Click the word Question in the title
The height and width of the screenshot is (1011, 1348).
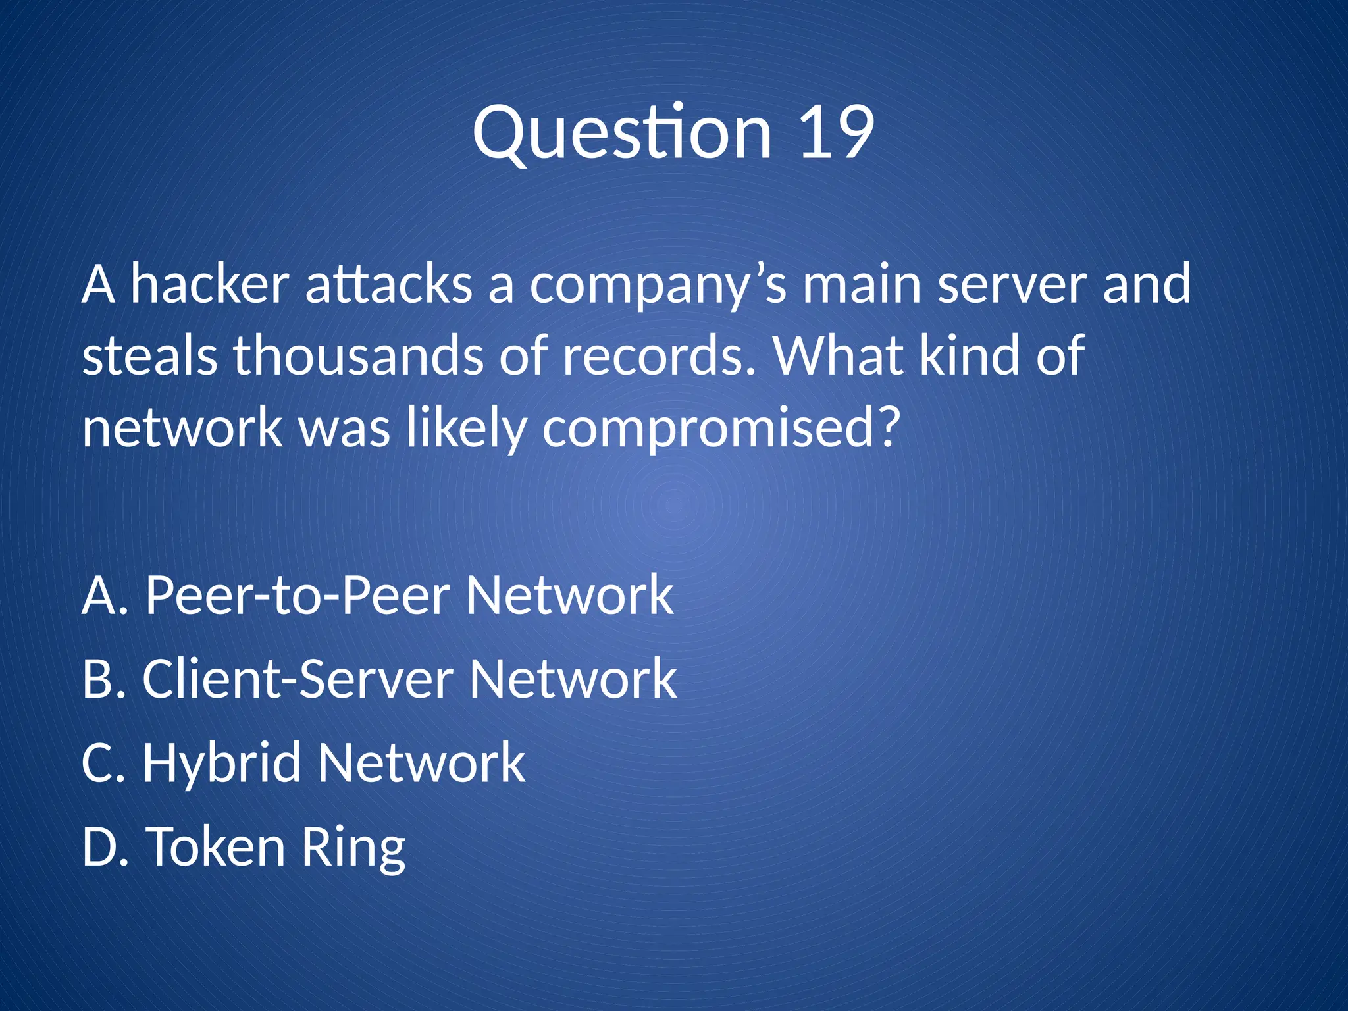(622, 135)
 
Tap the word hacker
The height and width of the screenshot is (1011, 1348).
(209, 284)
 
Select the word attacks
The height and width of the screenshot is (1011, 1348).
(388, 284)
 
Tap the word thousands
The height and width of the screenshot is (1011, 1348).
(358, 355)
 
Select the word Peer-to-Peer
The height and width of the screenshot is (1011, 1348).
(298, 596)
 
